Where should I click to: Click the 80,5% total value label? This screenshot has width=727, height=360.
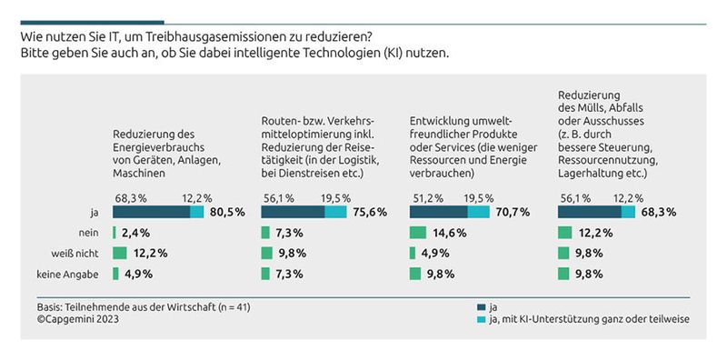[x=227, y=212]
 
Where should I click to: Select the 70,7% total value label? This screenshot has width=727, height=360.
[x=525, y=212]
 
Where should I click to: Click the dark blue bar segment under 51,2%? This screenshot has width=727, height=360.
[x=438, y=212]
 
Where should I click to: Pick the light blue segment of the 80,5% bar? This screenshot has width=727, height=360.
[x=197, y=212]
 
